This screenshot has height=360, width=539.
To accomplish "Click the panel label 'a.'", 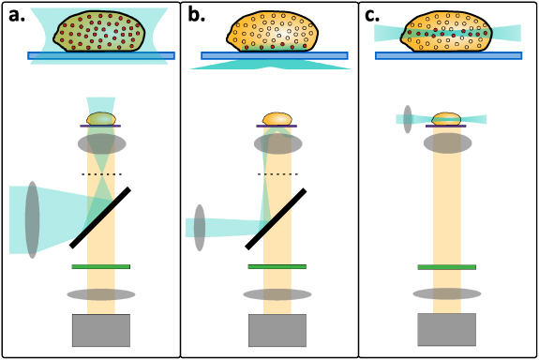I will pos(18,14).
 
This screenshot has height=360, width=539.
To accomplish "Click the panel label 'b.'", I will pos(197,14).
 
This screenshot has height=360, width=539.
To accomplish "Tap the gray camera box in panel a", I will pos(101,330).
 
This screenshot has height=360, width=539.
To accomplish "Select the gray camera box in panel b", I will pos(277,330).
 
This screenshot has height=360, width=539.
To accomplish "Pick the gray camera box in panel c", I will pos(446,329).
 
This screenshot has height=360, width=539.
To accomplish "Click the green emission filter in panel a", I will pos(101,266).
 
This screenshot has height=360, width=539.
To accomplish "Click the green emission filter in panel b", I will pos(277,266).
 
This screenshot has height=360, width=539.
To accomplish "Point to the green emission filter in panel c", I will pos(446,266).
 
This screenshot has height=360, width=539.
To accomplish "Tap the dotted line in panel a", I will pos(101,174).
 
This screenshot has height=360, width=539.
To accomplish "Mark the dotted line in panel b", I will pos(277,174).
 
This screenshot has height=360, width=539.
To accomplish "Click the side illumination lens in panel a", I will pos(33,219).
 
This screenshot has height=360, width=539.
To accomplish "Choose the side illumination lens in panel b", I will pos(200,227).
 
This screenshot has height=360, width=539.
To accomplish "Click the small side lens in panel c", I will pos(407,119).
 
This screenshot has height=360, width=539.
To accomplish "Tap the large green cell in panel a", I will pos(99,33).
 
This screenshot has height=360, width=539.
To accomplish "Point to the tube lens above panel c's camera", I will pos(446,293).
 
